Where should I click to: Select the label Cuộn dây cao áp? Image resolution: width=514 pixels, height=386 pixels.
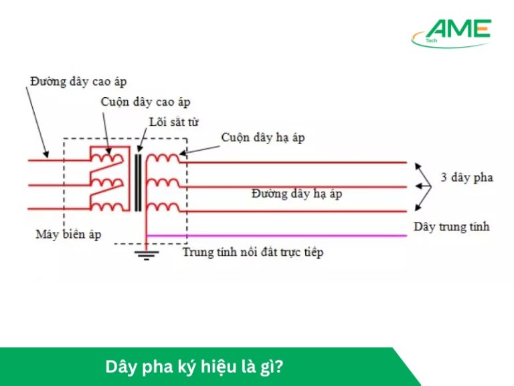(145, 102)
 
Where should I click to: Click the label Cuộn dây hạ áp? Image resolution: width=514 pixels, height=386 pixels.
(262, 137)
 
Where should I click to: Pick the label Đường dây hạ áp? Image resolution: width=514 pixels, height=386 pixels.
(296, 194)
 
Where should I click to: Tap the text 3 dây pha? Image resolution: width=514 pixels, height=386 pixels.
(466, 178)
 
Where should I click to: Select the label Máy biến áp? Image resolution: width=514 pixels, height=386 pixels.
(69, 235)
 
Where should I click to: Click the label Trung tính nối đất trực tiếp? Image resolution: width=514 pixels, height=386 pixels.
(253, 253)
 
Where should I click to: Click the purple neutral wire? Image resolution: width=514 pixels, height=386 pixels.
(281, 235)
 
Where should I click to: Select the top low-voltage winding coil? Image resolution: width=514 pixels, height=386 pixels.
(163, 159)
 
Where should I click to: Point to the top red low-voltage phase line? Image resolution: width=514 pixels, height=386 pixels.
(294, 162)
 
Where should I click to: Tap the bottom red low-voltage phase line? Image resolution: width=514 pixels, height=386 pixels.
(294, 211)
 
